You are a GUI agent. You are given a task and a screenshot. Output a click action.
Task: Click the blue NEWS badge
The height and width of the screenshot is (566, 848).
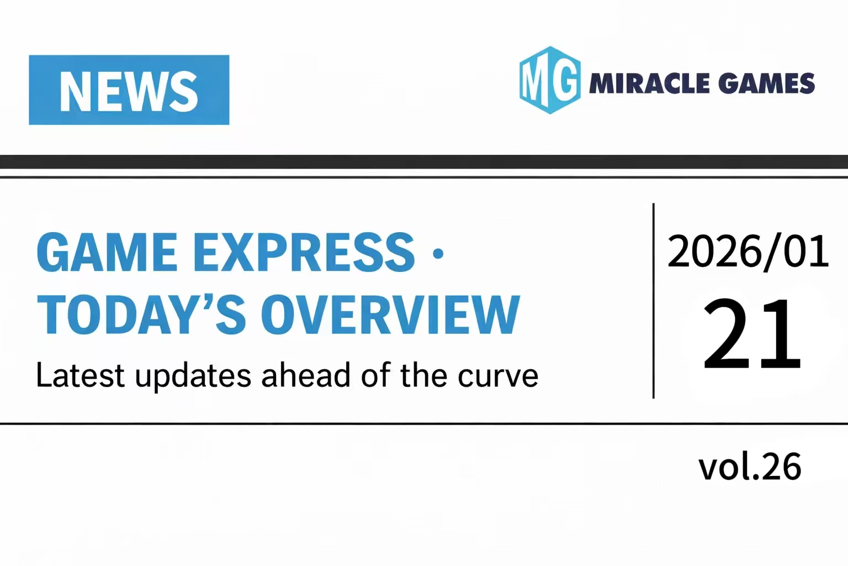(129, 90)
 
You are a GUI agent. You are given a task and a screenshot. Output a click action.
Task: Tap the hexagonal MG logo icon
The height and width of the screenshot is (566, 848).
(550, 80)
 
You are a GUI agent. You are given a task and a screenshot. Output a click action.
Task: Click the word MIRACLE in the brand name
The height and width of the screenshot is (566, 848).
(649, 83)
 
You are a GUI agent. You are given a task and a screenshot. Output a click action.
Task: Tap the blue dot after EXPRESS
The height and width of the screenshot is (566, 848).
(438, 254)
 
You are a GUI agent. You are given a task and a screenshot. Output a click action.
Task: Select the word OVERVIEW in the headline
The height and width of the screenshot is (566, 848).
(390, 315)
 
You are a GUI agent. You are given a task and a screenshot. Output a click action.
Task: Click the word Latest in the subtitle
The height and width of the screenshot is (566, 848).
(80, 375)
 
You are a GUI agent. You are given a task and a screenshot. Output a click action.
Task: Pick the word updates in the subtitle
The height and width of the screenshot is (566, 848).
(193, 376)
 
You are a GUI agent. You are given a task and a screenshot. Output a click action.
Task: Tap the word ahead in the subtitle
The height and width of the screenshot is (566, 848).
(306, 375)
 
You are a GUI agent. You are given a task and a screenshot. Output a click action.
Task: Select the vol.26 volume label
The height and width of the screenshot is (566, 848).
(750, 467)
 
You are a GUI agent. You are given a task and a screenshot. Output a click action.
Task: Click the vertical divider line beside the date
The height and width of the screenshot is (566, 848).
(654, 301)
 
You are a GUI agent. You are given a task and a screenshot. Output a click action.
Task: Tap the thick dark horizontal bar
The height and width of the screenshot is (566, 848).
(424, 161)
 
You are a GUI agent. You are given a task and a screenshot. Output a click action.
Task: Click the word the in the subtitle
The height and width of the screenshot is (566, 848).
(423, 375)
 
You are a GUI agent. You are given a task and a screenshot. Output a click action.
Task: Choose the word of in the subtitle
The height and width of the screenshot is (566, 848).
(375, 375)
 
